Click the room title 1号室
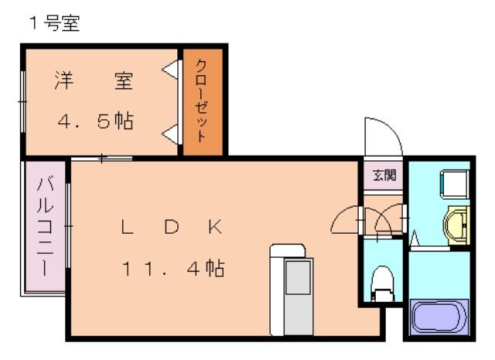tap(55, 24)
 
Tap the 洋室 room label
tap(94, 81)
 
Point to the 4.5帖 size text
tap(96, 122)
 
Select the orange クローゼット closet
tap(202, 101)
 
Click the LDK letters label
tap(172, 227)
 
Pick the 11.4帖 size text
tap(172, 269)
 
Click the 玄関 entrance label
tap(383, 175)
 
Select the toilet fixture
tap(382, 282)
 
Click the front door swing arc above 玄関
tap(382, 136)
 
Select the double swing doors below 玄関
tap(368, 221)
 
